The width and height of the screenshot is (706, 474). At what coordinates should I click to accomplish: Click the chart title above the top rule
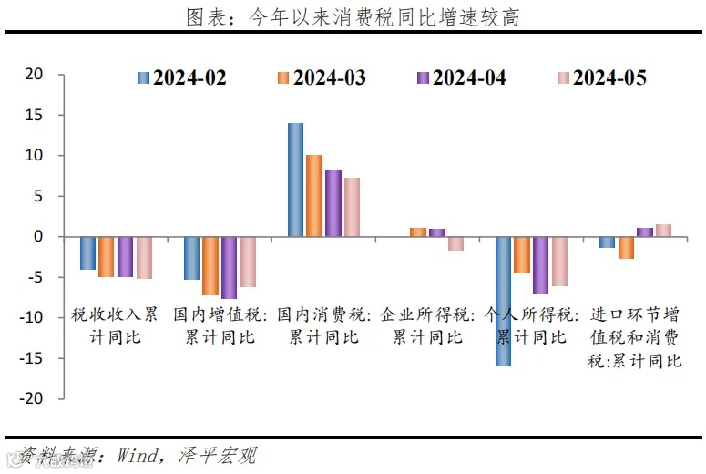pos(353,17)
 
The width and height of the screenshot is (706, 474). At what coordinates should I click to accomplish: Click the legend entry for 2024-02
pos(181,77)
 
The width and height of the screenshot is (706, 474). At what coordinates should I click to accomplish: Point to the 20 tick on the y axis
pos(35,75)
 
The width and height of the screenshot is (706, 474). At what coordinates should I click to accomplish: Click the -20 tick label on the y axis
pos(31,398)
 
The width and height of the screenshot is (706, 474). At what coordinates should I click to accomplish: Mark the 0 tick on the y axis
pos(39,237)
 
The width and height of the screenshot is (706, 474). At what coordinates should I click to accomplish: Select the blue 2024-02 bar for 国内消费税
pos(295,180)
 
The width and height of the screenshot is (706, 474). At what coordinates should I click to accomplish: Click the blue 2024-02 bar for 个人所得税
pos(503,301)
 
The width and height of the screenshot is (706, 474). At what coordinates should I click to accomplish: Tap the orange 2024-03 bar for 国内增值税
pos(210,266)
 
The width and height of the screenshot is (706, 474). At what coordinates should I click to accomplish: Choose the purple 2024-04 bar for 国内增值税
pos(229,268)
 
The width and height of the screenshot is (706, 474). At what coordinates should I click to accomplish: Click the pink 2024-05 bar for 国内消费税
pos(352,207)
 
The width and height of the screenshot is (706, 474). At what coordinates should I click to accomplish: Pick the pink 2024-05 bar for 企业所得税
pos(455,243)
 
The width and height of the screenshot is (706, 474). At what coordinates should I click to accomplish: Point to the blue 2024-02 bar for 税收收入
pos(87,253)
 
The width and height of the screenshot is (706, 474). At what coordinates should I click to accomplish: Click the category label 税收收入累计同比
pos(115,326)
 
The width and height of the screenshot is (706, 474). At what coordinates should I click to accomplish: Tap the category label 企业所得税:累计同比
pos(428,326)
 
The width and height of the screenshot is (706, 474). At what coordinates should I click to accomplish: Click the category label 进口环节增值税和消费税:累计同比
pos(635,337)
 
